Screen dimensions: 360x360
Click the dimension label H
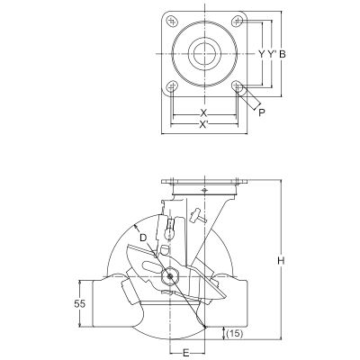[281, 260]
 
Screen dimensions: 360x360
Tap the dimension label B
[283, 54]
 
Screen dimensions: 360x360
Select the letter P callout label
[262, 112]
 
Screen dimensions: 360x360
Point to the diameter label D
[143, 238]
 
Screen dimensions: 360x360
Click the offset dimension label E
[186, 353]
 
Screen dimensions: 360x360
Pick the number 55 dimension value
[79, 303]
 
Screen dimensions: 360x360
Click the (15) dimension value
[235, 333]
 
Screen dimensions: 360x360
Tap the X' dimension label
[204, 124]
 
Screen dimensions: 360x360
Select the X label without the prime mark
[203, 112]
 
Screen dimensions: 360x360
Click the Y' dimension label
[272, 54]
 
